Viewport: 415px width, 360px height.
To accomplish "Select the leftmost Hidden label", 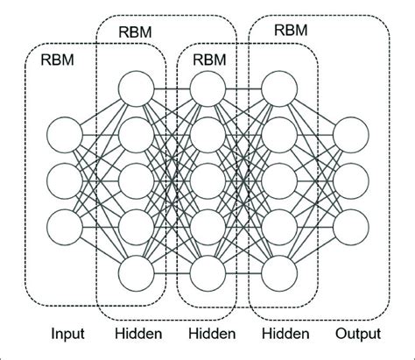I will pos(137,334).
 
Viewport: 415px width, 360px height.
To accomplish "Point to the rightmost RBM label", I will pos(291,29).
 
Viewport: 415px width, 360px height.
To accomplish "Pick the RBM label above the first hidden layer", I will pos(134,31).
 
